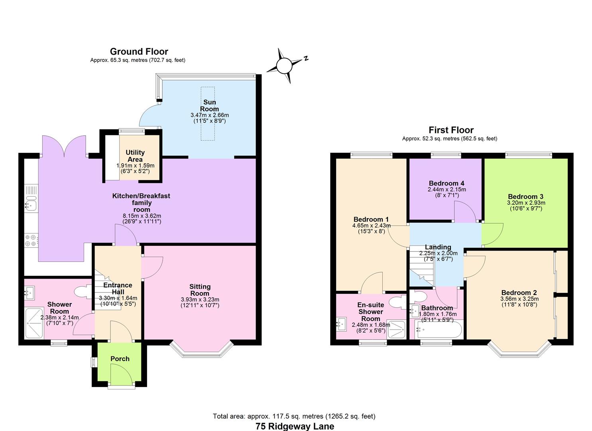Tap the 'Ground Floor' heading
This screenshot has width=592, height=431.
tap(139, 51)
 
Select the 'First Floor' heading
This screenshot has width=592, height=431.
tap(451, 130)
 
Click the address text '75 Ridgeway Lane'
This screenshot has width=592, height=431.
tap(295, 426)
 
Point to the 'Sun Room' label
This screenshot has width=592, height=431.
tap(209, 105)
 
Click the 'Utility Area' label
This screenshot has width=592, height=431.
tap(135, 156)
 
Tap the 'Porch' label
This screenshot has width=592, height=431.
tap(120, 359)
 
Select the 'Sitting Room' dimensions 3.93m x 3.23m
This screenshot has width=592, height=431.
tap(200, 300)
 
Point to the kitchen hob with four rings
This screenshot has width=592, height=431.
tap(31, 240)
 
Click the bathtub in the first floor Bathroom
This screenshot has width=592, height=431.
tap(438, 330)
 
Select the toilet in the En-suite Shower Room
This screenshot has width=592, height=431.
tap(397, 302)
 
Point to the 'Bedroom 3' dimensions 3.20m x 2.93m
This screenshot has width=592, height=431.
tap(526, 203)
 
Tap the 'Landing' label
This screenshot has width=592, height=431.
tap(438, 247)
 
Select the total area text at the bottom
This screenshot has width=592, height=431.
tap(294, 416)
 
